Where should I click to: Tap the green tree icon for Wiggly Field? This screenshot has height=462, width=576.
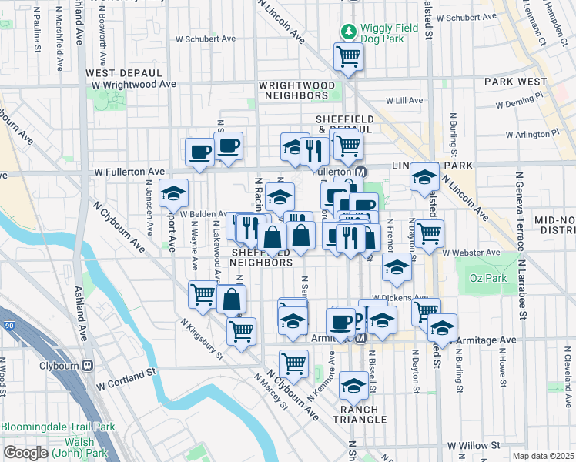(349, 32)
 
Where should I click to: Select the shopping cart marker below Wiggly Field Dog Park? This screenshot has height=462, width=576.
(348, 56)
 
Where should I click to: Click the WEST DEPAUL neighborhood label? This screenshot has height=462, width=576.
(123, 72)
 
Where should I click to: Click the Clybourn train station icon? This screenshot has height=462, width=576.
(87, 366)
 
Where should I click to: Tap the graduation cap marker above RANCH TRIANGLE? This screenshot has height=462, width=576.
(353, 384)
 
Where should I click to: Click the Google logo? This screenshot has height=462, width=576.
(25, 452)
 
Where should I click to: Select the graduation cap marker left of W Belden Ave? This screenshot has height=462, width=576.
(173, 192)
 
